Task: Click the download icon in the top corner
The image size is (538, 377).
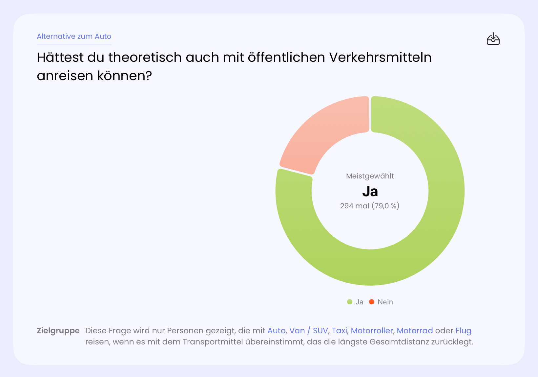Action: tap(493, 39)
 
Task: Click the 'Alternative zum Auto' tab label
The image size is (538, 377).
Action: tap(74, 36)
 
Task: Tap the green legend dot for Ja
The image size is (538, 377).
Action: tap(350, 302)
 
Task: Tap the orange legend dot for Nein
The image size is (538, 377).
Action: tap(372, 302)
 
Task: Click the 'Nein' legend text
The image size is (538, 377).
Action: tap(385, 302)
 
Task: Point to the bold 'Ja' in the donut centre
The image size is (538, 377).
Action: tap(370, 191)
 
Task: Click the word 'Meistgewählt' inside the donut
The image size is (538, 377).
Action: tap(370, 176)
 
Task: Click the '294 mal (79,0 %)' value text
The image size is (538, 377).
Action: tap(370, 206)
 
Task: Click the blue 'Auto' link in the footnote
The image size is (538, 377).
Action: tap(276, 331)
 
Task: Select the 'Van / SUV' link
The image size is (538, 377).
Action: tap(308, 331)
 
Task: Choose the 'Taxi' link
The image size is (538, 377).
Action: tap(339, 331)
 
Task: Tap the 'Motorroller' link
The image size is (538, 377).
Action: tap(372, 331)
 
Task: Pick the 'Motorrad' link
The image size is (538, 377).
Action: tap(415, 331)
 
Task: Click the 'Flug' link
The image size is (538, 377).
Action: tap(463, 331)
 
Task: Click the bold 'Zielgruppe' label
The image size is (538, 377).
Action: tap(58, 331)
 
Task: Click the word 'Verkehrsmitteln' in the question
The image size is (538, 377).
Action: tap(380, 58)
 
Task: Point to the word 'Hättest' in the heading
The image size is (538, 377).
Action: tap(60, 58)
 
